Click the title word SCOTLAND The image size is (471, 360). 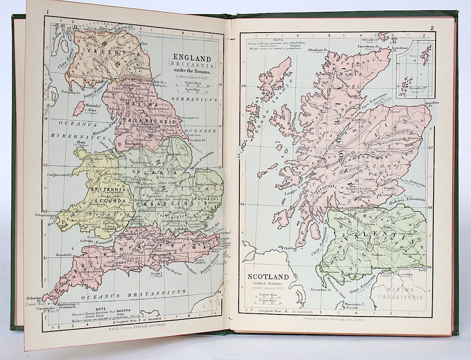point(267,276)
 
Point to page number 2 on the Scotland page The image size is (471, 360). point(432,28)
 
